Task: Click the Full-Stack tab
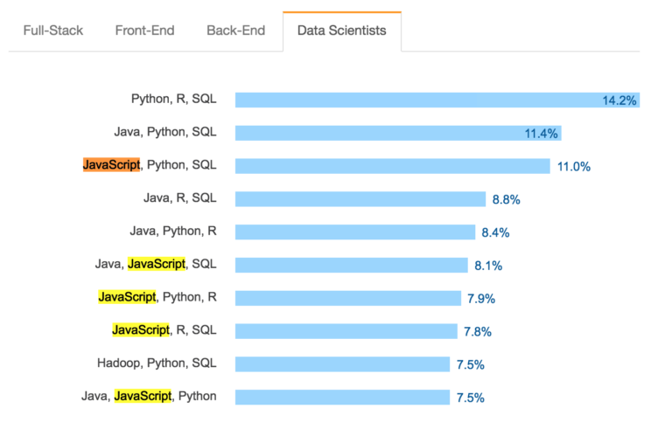(x=53, y=31)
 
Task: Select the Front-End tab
(x=144, y=31)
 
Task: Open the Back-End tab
(x=236, y=31)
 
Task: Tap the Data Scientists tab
(x=341, y=31)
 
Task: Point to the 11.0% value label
(x=574, y=166)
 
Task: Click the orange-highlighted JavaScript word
(x=111, y=165)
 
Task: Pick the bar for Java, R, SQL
(x=360, y=199)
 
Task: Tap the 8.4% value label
(x=495, y=232)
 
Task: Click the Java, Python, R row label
(x=172, y=232)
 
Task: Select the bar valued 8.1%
(x=351, y=265)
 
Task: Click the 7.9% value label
(x=481, y=298)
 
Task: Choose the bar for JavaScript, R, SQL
(x=346, y=331)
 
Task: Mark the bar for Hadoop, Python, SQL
(x=342, y=364)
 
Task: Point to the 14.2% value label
(x=619, y=100)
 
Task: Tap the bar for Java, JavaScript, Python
(x=342, y=397)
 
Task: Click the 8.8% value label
(x=506, y=199)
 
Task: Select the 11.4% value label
(x=541, y=134)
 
